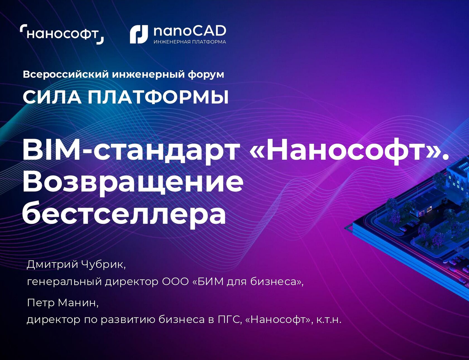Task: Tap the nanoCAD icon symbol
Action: pyautogui.click(x=138, y=34)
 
